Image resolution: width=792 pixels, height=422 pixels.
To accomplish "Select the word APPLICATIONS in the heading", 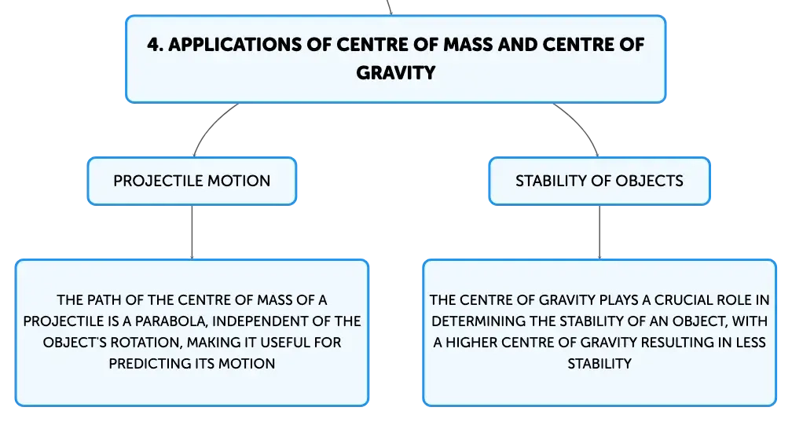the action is pos(235,45).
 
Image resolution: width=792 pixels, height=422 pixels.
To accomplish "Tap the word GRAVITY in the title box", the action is pos(395,73).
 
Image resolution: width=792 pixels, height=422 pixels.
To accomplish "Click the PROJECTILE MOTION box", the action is pos(192,181).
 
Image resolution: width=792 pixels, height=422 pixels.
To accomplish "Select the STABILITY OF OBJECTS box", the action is pos(599,181).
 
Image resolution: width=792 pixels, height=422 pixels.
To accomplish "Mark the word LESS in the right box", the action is pos(750,343).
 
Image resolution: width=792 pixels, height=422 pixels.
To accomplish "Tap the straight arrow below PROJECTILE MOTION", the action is pos(192,233).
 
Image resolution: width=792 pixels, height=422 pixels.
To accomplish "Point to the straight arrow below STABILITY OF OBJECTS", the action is pos(599,233).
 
